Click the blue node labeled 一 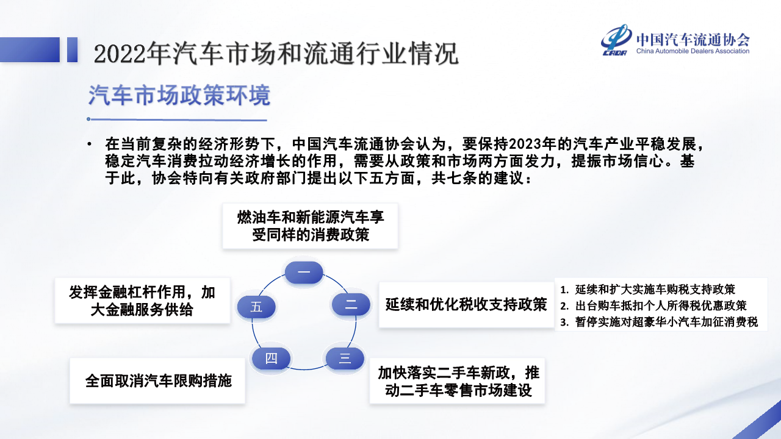[304, 272]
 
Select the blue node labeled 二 [351, 304]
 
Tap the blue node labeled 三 [345, 358]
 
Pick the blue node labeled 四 [272, 358]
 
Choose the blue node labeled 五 [256, 307]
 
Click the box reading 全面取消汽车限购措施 [157, 381]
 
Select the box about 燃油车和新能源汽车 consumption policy [311, 226]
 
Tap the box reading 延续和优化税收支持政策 [466, 305]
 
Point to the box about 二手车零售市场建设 [457, 381]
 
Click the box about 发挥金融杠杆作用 [142, 301]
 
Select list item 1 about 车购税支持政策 [647, 290]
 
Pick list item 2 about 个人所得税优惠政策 [653, 306]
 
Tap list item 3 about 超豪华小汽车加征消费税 [659, 322]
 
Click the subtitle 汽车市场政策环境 [179, 95]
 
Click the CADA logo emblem [616, 40]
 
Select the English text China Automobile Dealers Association [693, 51]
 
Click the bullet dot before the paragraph [90, 144]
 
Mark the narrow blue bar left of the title [72, 49]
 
